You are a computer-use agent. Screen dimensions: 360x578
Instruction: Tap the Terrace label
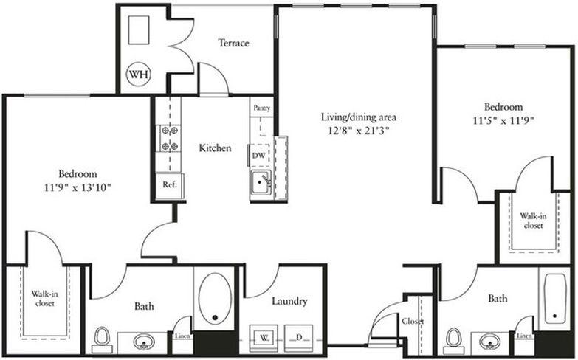tap(233, 43)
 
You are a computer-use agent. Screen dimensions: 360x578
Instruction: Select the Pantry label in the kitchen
tap(261, 108)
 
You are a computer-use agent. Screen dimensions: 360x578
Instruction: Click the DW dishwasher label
tap(258, 156)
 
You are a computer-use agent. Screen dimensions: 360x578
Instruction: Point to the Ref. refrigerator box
tap(169, 184)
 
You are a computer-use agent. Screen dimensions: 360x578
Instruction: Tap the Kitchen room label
tap(216, 148)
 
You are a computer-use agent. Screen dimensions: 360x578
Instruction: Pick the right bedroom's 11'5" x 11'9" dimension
tap(503, 120)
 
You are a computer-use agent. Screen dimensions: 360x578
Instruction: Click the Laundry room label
tap(289, 302)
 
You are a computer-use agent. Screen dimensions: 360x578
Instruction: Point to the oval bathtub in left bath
tap(214, 299)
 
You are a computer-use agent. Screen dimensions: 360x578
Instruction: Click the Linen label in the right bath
tap(523, 337)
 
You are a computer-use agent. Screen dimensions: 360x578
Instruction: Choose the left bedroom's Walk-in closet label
tap(45, 299)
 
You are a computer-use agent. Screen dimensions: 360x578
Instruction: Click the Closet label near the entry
tap(412, 322)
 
